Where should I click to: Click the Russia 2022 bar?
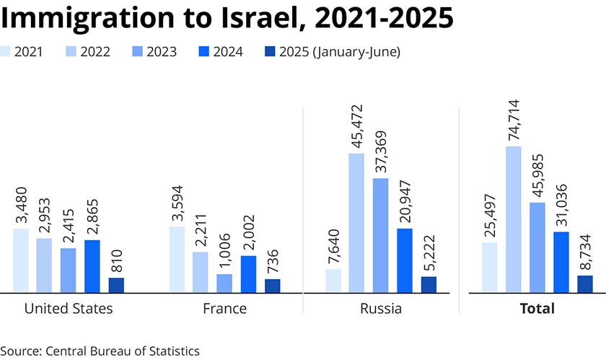[356, 223]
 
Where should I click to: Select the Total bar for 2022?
[514, 219]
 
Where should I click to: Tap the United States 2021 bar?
[21, 260]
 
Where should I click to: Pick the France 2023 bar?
[224, 283]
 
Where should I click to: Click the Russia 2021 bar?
[333, 281]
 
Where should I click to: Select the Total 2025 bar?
[584, 284]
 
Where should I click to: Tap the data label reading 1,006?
[224, 249]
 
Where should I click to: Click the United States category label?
[69, 309]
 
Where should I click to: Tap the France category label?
[224, 309]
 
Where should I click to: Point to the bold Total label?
[537, 309]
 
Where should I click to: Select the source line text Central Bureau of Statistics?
[122, 351]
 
